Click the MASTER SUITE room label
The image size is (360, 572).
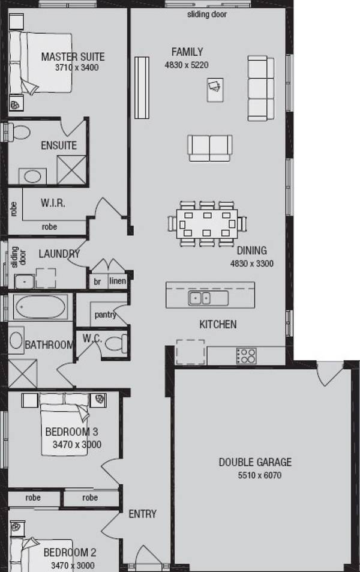pyautogui.click(x=73, y=56)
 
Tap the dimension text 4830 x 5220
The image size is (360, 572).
pyautogui.click(x=187, y=65)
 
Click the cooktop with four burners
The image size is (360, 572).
pyautogui.click(x=246, y=356)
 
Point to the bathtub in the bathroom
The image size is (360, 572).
pyautogui.click(x=40, y=307)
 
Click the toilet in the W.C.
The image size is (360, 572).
pyautogui.click(x=116, y=343)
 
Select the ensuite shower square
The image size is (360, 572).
pyautogui.click(x=72, y=170)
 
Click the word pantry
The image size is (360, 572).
pyautogui.click(x=105, y=315)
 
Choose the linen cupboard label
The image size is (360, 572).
pyautogui.click(x=118, y=281)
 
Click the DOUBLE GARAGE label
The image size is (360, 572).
pyautogui.click(x=256, y=462)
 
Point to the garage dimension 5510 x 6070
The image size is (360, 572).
pyautogui.click(x=260, y=475)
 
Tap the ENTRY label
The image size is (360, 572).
pyautogui.click(x=143, y=514)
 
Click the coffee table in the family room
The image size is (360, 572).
pyautogui.click(x=215, y=89)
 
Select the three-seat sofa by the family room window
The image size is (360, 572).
pyautogui.click(x=261, y=88)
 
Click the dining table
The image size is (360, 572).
pyautogui.click(x=207, y=224)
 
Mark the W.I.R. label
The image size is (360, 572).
pyautogui.click(x=53, y=203)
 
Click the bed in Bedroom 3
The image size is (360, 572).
pyautogui.click(x=65, y=425)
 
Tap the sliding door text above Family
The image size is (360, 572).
pyautogui.click(x=207, y=14)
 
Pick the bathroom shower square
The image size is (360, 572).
pyautogui.click(x=23, y=373)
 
